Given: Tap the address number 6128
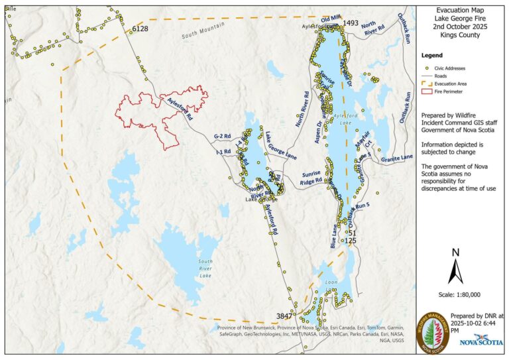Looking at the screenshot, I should click(x=141, y=29).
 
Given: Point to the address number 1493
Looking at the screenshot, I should click(x=351, y=23).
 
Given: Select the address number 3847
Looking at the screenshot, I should click(x=284, y=316).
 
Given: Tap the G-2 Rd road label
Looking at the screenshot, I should click(x=221, y=137).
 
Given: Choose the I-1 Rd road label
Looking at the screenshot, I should click(x=223, y=152).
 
